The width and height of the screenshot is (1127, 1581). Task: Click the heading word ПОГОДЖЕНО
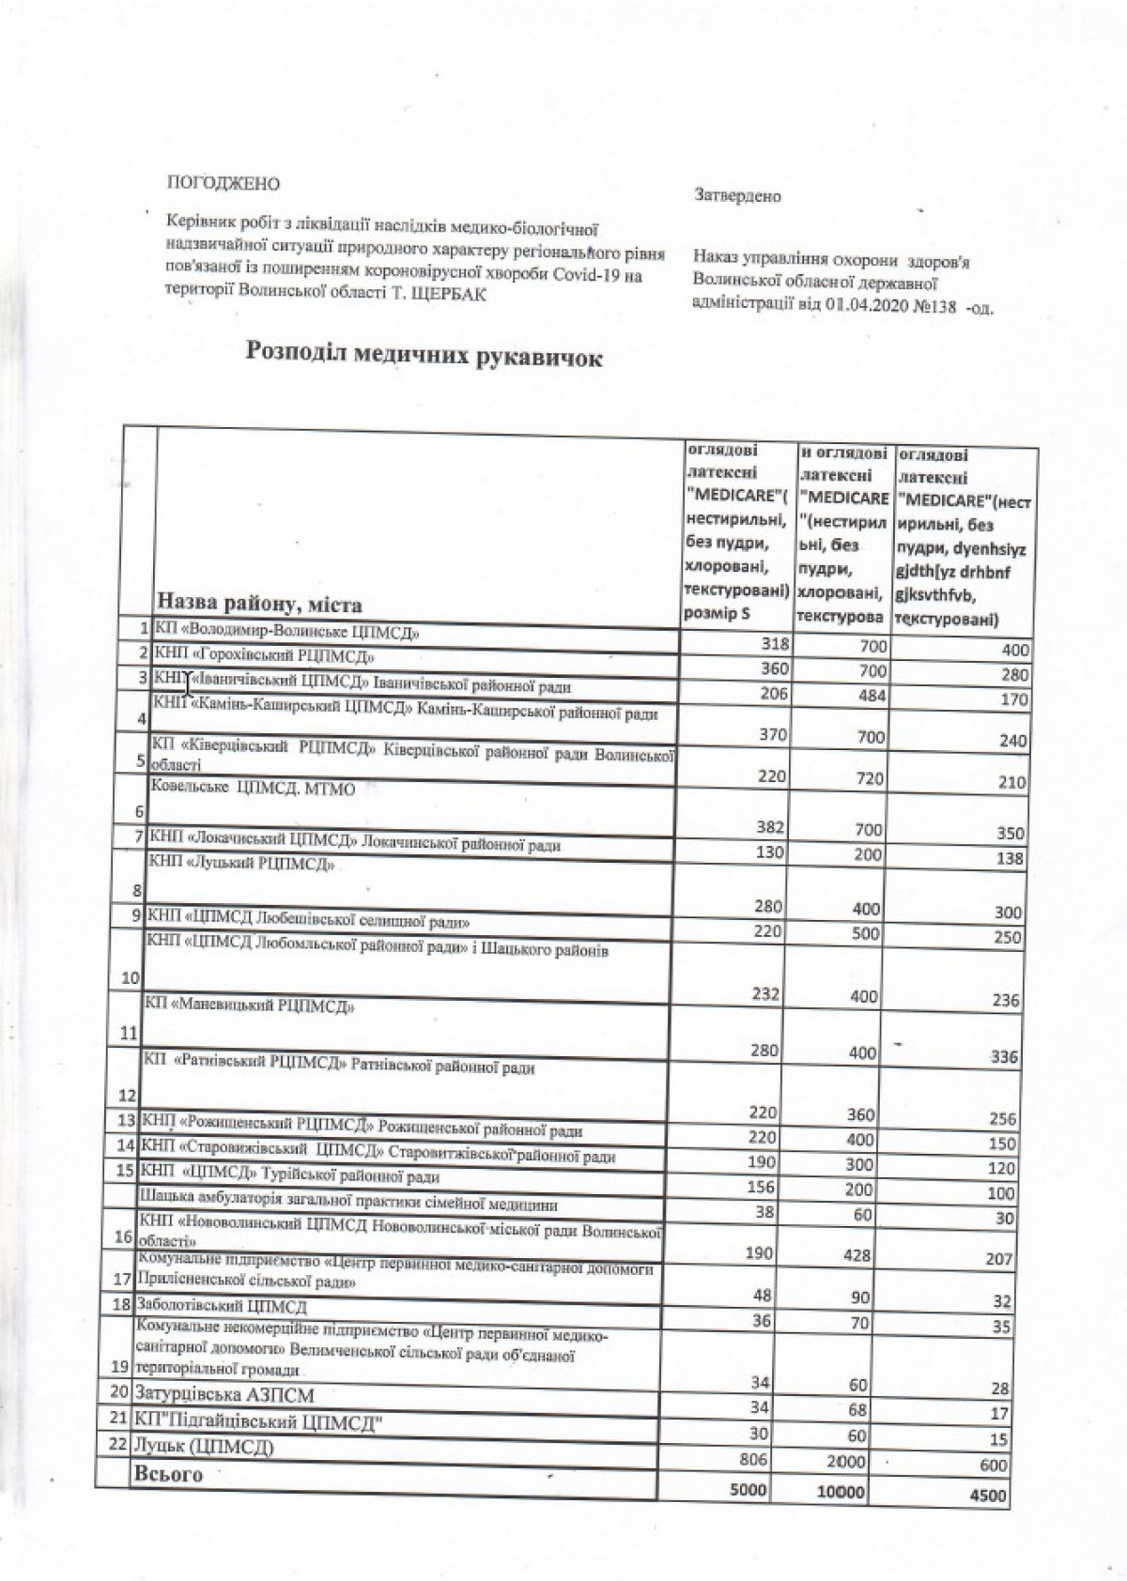point(223,182)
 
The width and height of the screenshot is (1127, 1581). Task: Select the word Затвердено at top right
point(737,196)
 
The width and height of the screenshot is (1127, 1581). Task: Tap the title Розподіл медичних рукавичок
point(424,357)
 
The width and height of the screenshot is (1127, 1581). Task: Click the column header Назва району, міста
point(259,602)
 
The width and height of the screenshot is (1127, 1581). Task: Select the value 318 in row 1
point(777,644)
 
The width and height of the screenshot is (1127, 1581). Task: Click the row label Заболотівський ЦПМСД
point(223,1307)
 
